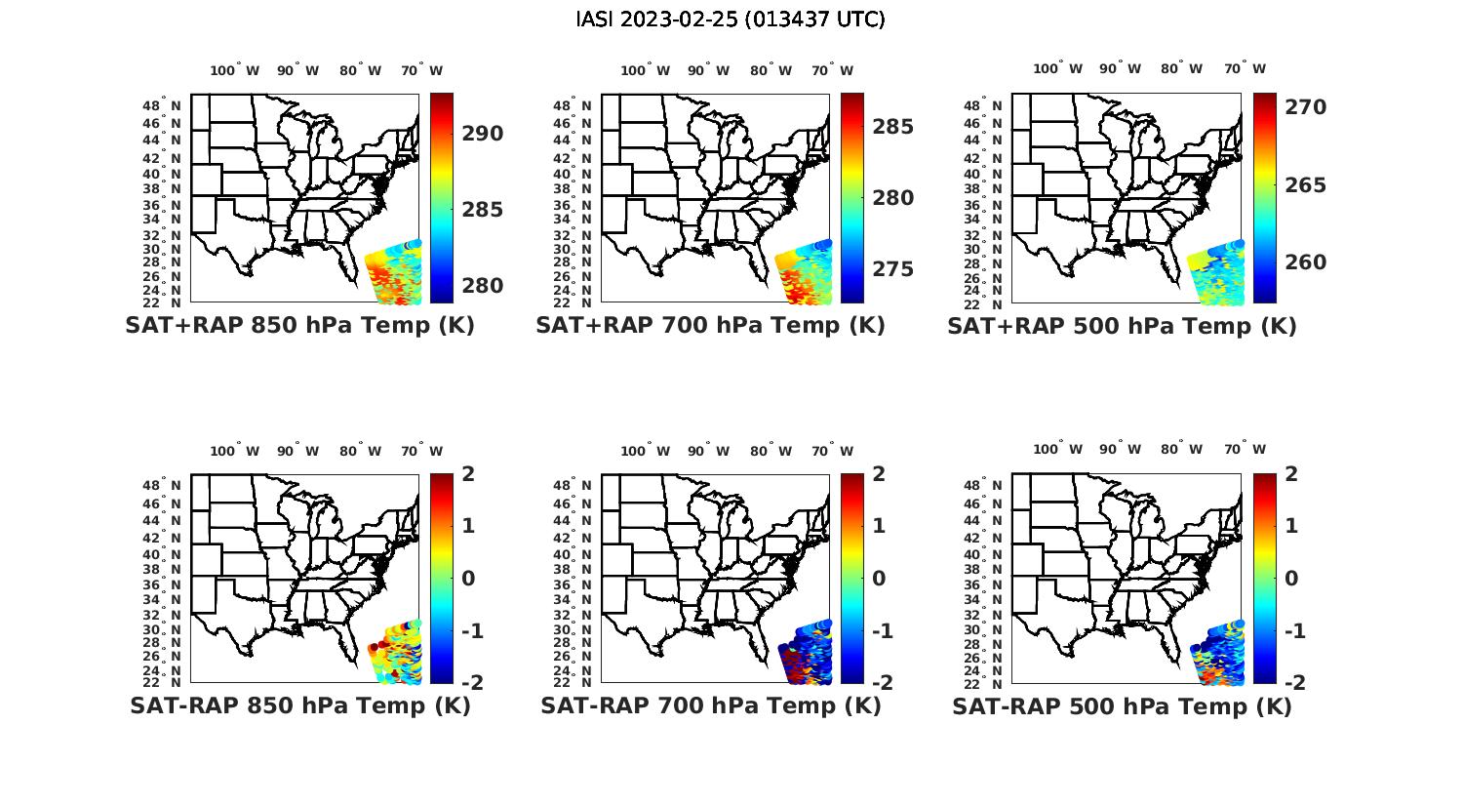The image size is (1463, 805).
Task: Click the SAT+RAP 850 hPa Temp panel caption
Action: pyautogui.click(x=299, y=326)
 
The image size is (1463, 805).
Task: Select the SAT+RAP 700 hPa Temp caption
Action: pyautogui.click(x=710, y=326)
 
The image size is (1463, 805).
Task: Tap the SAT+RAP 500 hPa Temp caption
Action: pyautogui.click(x=1122, y=326)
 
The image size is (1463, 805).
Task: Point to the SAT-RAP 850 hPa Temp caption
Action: pyautogui.click(x=299, y=705)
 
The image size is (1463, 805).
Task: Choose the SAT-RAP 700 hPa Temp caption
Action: pyautogui.click(x=710, y=705)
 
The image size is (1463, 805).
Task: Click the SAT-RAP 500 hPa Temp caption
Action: pyautogui.click(x=1122, y=705)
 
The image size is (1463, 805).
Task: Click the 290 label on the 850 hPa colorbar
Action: pyautogui.click(x=483, y=134)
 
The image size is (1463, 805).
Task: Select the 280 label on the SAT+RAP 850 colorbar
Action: pyautogui.click(x=483, y=286)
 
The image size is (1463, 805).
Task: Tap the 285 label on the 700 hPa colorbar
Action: pyautogui.click(x=893, y=127)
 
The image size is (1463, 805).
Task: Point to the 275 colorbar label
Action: pyautogui.click(x=893, y=269)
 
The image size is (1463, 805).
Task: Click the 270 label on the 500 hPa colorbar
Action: pyautogui.click(x=1305, y=107)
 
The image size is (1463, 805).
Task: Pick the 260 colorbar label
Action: pyautogui.click(x=1305, y=262)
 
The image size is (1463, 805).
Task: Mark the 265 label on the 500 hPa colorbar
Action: pyautogui.click(x=1305, y=185)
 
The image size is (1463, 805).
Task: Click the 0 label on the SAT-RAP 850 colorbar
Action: pyautogui.click(x=468, y=579)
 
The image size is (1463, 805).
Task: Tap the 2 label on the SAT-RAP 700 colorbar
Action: pyautogui.click(x=879, y=474)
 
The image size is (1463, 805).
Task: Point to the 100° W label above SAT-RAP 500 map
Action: pyautogui.click(x=1058, y=450)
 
